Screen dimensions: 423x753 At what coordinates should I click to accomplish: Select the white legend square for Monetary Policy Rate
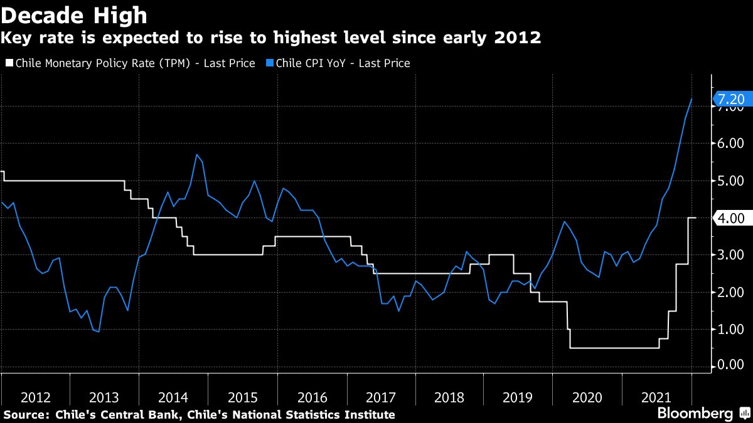(x=8, y=63)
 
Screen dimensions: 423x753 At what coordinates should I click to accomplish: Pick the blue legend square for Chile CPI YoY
(x=269, y=63)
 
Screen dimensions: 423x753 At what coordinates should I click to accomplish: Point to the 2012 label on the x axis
(x=36, y=397)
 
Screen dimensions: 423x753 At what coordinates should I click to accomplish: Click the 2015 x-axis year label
(x=243, y=397)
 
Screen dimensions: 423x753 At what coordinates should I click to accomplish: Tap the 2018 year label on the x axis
(x=449, y=397)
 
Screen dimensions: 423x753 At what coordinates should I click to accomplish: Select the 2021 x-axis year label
(x=656, y=397)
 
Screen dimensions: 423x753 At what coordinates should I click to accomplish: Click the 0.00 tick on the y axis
(x=730, y=365)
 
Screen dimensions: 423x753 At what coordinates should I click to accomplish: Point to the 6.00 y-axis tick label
(x=730, y=144)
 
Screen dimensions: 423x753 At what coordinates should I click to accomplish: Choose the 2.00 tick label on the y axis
(x=730, y=292)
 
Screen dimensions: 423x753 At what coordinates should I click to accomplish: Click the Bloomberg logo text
(x=695, y=414)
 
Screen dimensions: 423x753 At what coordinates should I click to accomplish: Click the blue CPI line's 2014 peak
(x=197, y=154)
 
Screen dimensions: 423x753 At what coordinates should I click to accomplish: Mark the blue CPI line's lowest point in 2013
(x=99, y=332)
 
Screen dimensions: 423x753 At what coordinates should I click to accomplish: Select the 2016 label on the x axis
(x=312, y=397)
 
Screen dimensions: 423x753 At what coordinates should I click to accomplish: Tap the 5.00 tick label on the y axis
(x=730, y=181)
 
